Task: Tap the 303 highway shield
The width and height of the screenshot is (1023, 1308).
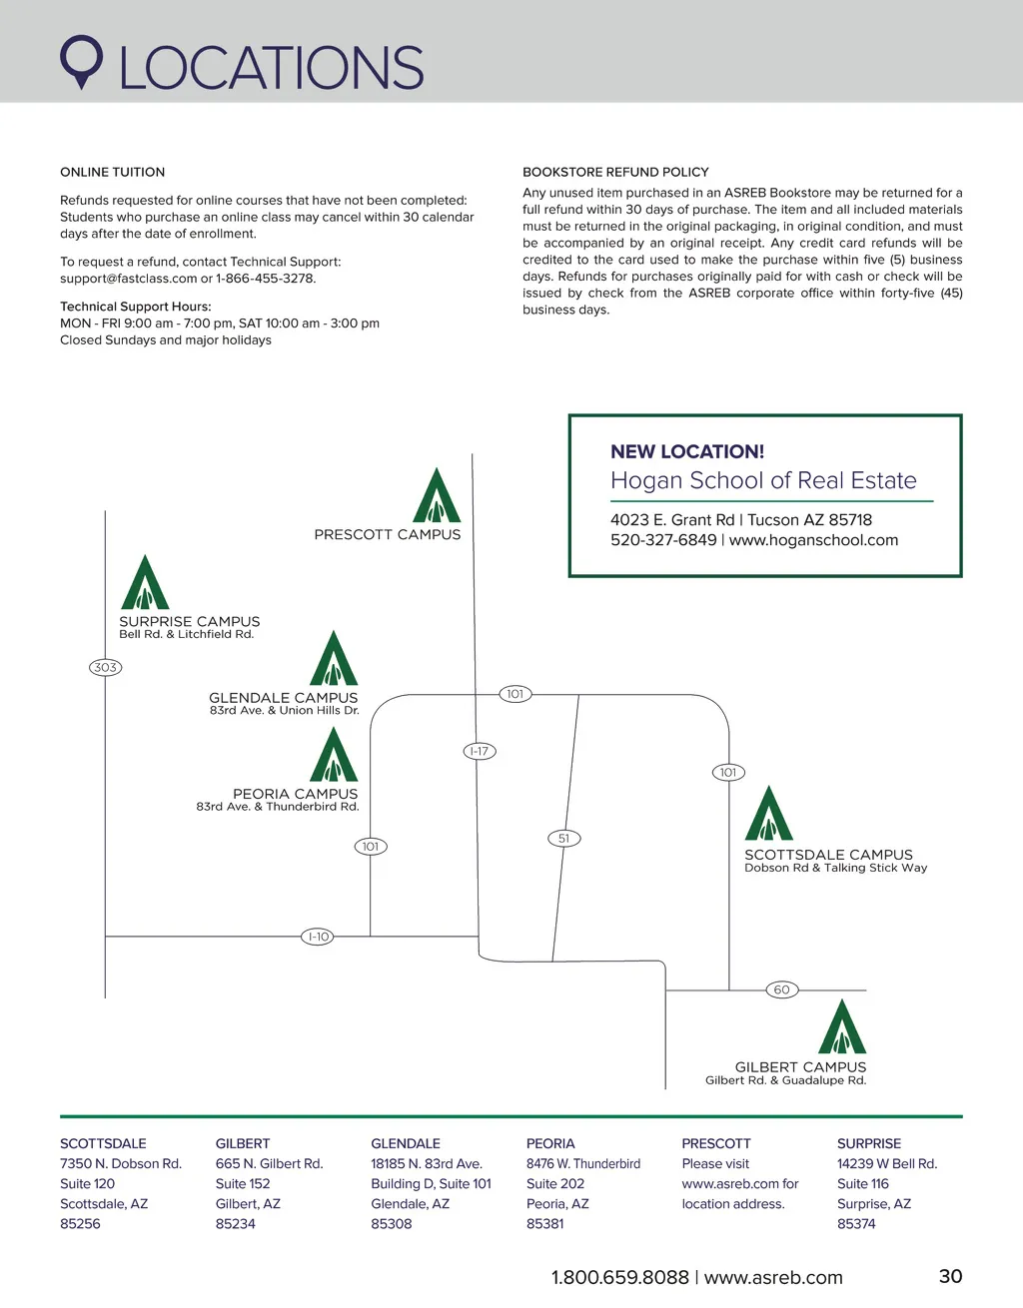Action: tap(105, 667)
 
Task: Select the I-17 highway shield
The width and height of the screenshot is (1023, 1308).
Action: tap(480, 751)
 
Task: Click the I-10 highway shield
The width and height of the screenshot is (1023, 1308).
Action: tap(318, 937)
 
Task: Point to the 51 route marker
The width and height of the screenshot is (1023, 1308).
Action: tap(564, 838)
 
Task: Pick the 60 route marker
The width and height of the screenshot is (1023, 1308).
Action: tap(781, 989)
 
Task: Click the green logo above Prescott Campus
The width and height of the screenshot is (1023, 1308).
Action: tap(437, 495)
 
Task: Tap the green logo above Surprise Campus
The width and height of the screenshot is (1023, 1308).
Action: tap(145, 582)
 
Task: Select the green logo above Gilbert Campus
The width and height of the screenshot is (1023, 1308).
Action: tap(842, 1026)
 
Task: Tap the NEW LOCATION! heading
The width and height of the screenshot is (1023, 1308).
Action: tap(687, 451)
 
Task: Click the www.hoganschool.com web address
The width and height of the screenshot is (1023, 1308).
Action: tap(813, 540)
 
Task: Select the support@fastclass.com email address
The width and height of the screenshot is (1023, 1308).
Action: tap(128, 279)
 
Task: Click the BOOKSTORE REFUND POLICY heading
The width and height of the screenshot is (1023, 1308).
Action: tap(615, 172)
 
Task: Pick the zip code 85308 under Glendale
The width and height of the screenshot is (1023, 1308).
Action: tap(392, 1224)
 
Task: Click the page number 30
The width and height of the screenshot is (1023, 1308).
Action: tap(950, 1276)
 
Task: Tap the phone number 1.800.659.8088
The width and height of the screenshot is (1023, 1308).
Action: tap(619, 1277)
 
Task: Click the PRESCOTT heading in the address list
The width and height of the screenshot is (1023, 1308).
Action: tap(716, 1143)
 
